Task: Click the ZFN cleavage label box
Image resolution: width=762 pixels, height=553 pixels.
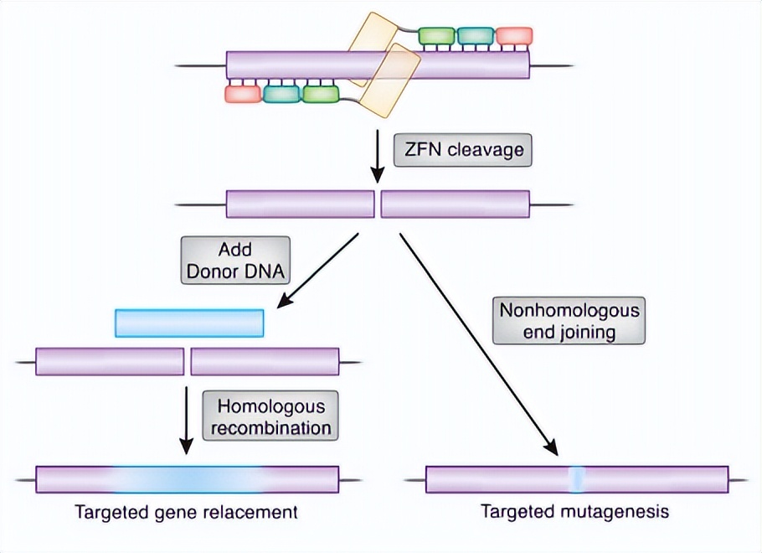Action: point(462,150)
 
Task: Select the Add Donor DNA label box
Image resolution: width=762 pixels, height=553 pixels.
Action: point(235,261)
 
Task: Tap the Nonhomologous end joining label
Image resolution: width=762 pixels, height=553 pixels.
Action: point(569,321)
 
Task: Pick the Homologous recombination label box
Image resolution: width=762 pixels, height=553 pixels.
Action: point(270,416)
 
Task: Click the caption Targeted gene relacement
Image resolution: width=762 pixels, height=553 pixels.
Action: point(186,512)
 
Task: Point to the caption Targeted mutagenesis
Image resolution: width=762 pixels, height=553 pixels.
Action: point(575,512)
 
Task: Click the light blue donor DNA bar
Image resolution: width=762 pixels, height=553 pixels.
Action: point(189,323)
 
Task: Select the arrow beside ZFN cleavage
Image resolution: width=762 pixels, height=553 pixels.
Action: point(378,156)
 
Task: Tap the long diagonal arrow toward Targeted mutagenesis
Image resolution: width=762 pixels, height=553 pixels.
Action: point(478,344)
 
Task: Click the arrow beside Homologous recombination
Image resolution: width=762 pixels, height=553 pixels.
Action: point(186,421)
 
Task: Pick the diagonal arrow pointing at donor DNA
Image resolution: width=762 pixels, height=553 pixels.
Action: point(317,271)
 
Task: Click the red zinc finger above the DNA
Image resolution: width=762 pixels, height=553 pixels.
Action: point(514,36)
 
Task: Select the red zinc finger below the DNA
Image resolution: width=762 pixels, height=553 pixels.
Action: point(243,94)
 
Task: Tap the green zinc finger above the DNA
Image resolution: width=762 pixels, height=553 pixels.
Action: point(436,36)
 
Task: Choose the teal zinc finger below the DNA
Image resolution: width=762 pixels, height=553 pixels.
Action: point(282,94)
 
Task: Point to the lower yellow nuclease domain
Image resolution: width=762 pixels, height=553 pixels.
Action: point(392,80)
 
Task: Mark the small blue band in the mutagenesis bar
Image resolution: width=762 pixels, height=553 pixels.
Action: point(576,479)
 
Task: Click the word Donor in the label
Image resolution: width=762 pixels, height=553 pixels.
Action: point(209,271)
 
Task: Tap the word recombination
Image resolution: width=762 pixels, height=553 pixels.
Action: point(270,428)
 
